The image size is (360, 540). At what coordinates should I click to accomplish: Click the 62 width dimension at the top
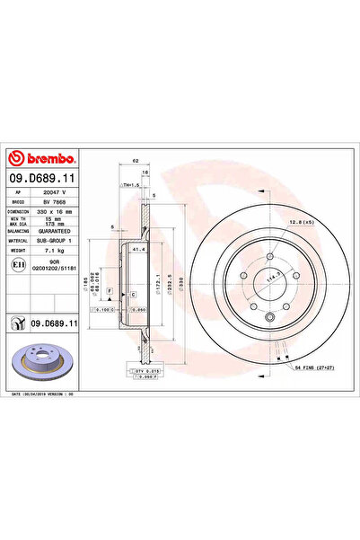click(134, 159)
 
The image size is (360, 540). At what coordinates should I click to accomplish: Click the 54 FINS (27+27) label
click(313, 368)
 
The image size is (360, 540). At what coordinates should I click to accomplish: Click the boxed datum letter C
click(133, 294)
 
